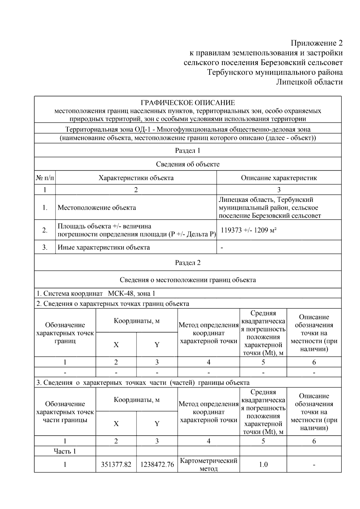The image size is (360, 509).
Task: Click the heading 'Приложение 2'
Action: tap(317, 43)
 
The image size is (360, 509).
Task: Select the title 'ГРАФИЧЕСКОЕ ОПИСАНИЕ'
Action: tap(188, 103)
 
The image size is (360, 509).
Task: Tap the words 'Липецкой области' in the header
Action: tap(309, 82)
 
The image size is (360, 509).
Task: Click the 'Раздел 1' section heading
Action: tap(188, 151)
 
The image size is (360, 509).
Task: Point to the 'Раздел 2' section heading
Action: tap(188, 263)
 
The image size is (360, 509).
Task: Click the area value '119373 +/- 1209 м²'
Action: tap(249, 230)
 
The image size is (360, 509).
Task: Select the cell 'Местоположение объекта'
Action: tap(97, 208)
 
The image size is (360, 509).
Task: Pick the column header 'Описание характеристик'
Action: tap(279, 178)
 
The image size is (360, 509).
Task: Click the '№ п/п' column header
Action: tap(45, 178)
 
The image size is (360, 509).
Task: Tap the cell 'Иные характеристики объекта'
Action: tap(103, 247)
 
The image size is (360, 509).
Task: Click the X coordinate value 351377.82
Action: tap(116, 465)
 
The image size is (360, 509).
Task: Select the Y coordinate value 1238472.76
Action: tap(157, 465)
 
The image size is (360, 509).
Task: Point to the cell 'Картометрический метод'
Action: tap(208, 464)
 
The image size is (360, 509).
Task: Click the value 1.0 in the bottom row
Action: tap(263, 465)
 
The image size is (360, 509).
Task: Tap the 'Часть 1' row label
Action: tap(65, 451)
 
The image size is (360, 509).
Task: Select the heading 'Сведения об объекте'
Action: tap(188, 164)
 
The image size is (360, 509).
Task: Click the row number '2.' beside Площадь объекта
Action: tap(45, 230)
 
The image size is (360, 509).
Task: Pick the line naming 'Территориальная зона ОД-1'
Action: tap(188, 130)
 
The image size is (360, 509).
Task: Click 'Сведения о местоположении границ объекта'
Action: tap(188, 280)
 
